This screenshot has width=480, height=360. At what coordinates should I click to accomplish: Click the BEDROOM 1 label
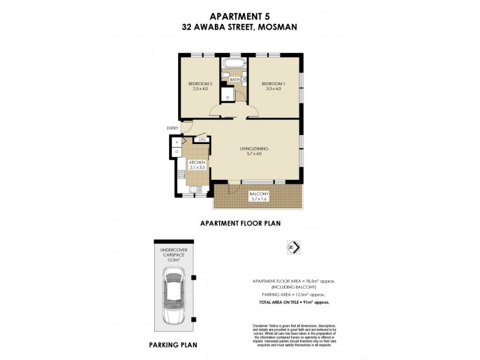pos(272,83)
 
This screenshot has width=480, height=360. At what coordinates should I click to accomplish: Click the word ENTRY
pos(173,128)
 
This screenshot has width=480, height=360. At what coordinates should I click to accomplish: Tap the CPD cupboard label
pos(202,140)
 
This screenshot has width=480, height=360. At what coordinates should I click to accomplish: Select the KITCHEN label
pos(197,163)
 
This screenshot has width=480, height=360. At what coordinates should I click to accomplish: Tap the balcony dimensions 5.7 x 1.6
pos(259,201)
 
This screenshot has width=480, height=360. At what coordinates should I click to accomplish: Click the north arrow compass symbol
pos(294,247)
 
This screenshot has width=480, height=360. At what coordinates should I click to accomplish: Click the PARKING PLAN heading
pos(172,346)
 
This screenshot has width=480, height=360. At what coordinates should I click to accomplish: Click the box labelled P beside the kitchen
pos(177,142)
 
